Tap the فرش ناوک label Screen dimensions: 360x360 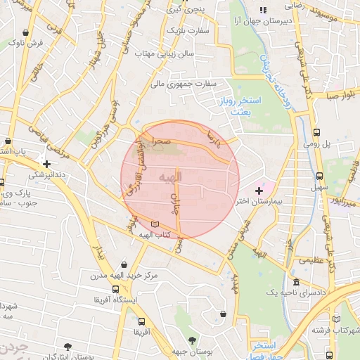25,43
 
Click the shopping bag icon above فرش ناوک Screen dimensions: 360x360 26,32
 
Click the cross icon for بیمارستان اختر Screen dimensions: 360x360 259,191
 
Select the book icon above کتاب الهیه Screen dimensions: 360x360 155,224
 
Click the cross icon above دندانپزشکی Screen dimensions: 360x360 46,163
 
